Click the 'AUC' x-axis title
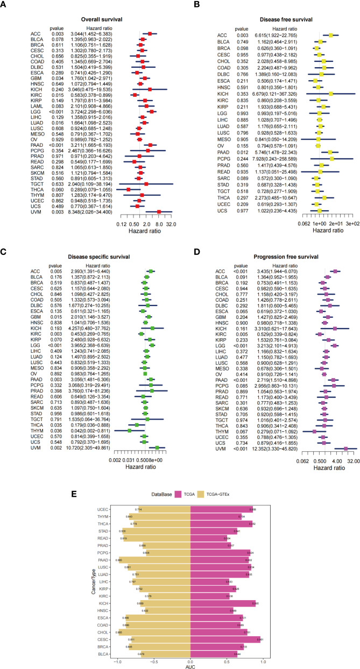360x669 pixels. tap(190, 666)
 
